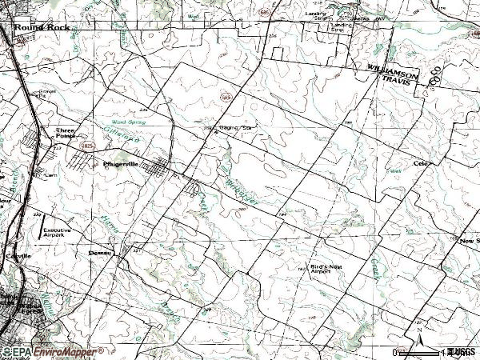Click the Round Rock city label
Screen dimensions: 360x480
tap(41, 26)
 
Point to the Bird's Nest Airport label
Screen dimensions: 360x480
tap(326, 270)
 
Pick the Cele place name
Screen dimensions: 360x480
tap(422, 164)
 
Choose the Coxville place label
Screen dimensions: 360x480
tap(18, 255)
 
